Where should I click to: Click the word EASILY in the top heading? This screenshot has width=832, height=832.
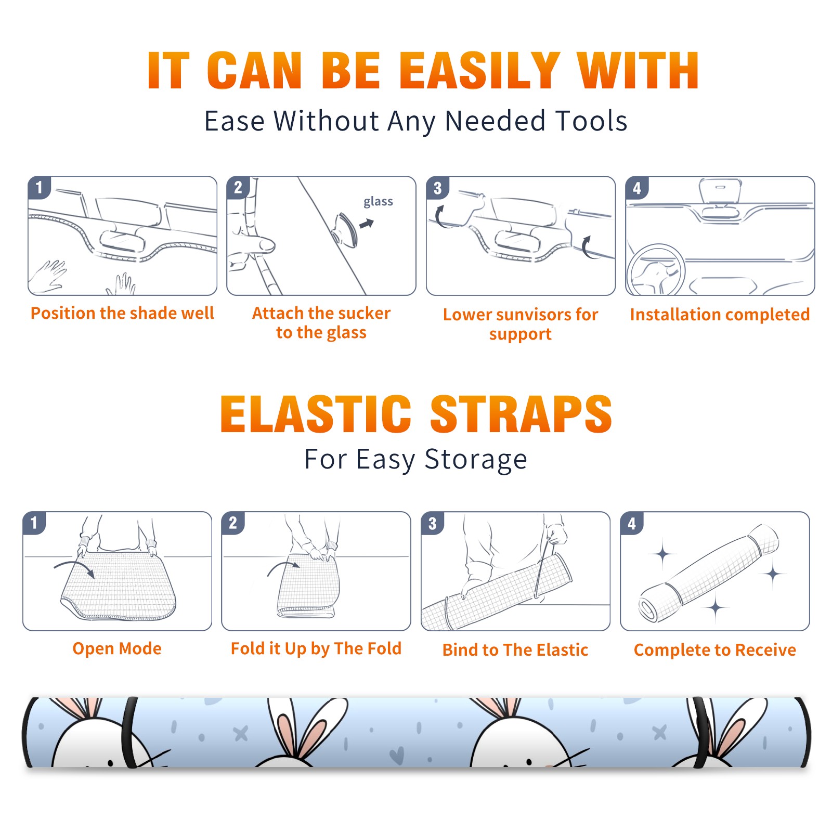[x=480, y=71]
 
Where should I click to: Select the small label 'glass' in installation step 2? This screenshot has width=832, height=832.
[x=378, y=202]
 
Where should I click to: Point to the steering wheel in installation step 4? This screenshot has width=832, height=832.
[x=656, y=270]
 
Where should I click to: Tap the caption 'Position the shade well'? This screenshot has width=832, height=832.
[x=122, y=313]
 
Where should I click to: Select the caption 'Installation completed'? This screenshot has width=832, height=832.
[x=720, y=314]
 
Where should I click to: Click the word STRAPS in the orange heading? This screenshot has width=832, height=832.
[x=521, y=414]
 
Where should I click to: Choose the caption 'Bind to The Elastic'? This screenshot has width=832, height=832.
[x=515, y=650]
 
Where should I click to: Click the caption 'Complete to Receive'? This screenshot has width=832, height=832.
[x=714, y=650]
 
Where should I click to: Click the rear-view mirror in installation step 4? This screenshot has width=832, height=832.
[x=720, y=191]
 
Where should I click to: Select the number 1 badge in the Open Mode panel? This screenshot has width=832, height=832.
[x=34, y=523]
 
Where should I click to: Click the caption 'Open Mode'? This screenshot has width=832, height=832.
[x=117, y=649]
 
